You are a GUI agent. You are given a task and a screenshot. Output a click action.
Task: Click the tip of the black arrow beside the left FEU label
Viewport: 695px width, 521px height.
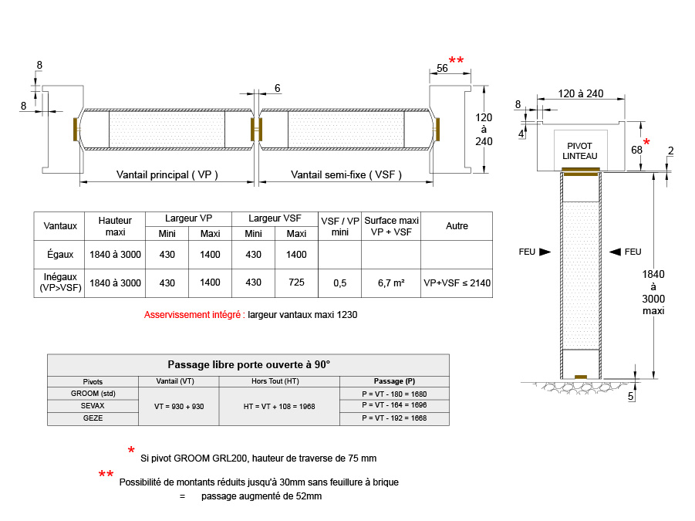[x=551, y=252]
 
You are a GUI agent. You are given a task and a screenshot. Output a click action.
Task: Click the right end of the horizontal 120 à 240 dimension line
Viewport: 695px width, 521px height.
[x=625, y=99]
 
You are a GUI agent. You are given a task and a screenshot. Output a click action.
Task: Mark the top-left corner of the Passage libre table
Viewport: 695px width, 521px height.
[x=47, y=354]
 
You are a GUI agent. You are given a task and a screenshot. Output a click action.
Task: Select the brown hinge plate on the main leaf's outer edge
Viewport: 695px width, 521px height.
[x=76, y=129]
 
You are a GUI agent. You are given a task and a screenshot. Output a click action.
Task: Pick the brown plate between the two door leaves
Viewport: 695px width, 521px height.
[x=257, y=129]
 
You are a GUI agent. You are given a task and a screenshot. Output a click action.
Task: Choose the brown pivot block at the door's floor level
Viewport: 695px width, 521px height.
[x=581, y=377]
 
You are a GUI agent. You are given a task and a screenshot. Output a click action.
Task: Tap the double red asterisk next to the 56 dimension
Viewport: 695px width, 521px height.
[x=456, y=60]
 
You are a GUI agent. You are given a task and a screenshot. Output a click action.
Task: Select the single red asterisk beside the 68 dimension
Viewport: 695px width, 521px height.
[x=646, y=142]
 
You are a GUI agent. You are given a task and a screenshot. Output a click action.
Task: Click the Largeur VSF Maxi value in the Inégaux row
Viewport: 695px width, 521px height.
[x=296, y=282]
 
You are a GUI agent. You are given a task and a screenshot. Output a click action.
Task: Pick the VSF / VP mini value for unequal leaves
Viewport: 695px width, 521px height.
[x=340, y=283]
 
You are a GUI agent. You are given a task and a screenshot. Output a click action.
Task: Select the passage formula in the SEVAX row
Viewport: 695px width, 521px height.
[x=394, y=405]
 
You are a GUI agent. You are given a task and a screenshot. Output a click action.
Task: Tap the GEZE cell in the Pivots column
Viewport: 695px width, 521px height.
[x=93, y=418]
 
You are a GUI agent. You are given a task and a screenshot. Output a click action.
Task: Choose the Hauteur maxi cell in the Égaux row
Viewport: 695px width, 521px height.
[x=115, y=255]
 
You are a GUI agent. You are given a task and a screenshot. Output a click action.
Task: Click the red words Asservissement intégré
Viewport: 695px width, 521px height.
[x=194, y=315]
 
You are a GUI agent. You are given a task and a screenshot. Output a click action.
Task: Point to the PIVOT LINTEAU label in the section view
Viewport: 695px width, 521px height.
[x=580, y=151]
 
